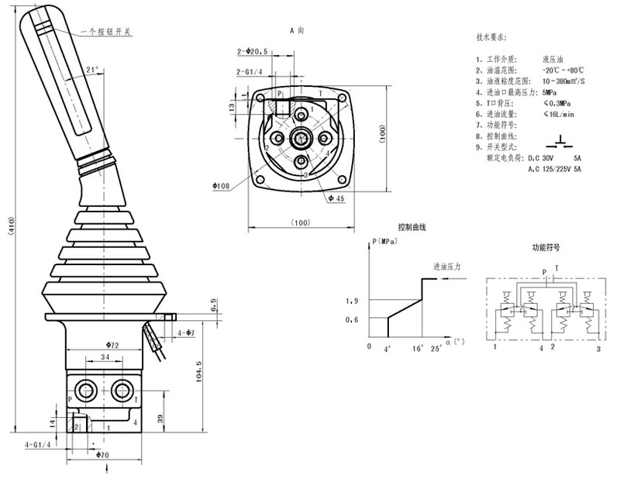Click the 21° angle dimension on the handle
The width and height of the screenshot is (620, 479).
coord(93,70)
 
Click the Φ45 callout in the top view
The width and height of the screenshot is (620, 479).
coord(336,199)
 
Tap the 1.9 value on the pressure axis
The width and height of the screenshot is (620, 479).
coord(353,301)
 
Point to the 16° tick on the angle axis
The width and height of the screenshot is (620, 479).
coord(418,349)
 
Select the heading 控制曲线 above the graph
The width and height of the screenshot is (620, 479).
coord(412,228)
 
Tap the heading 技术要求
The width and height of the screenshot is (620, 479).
coord(491,37)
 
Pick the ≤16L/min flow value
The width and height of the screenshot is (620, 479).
coord(558,114)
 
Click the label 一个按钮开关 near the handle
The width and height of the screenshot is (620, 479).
coord(107,33)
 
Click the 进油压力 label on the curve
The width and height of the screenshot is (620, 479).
coord(447,266)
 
